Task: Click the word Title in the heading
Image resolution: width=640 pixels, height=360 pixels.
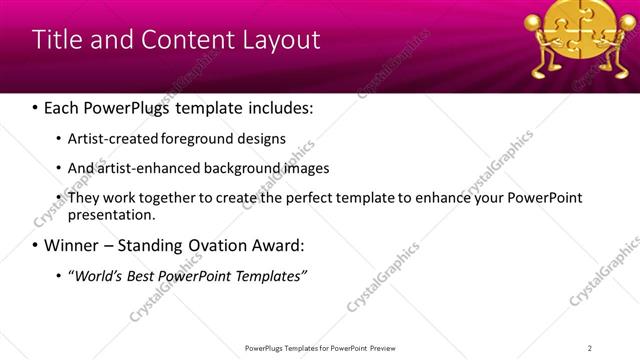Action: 57,40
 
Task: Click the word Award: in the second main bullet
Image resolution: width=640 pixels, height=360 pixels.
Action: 275,245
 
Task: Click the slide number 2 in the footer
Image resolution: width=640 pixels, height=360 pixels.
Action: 590,348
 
